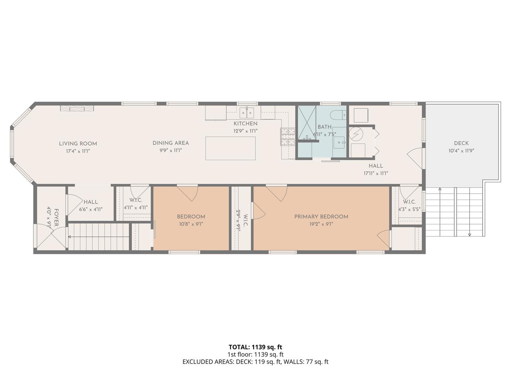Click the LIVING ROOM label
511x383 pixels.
coord(78,144)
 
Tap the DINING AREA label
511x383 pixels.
coord(171,143)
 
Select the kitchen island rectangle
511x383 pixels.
coord(230,148)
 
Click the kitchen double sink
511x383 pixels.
coord(247,113)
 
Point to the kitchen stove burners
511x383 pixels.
coord(288,137)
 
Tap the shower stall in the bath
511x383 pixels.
coord(307,123)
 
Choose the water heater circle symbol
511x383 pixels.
coord(356,134)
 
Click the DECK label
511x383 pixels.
coord(461,143)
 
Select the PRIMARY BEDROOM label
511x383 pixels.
coord(321,217)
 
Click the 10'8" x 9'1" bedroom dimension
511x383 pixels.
coord(191,224)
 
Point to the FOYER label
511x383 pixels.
coord(56,217)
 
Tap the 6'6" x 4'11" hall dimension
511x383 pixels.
coord(91,209)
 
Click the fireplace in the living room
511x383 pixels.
coord(77,109)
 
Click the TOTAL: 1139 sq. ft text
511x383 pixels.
coord(255,347)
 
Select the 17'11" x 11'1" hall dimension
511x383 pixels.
coord(376,173)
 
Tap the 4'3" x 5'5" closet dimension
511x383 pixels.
coord(409,209)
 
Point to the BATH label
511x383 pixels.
coord(325,127)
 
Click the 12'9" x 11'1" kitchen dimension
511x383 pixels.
coord(246,131)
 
